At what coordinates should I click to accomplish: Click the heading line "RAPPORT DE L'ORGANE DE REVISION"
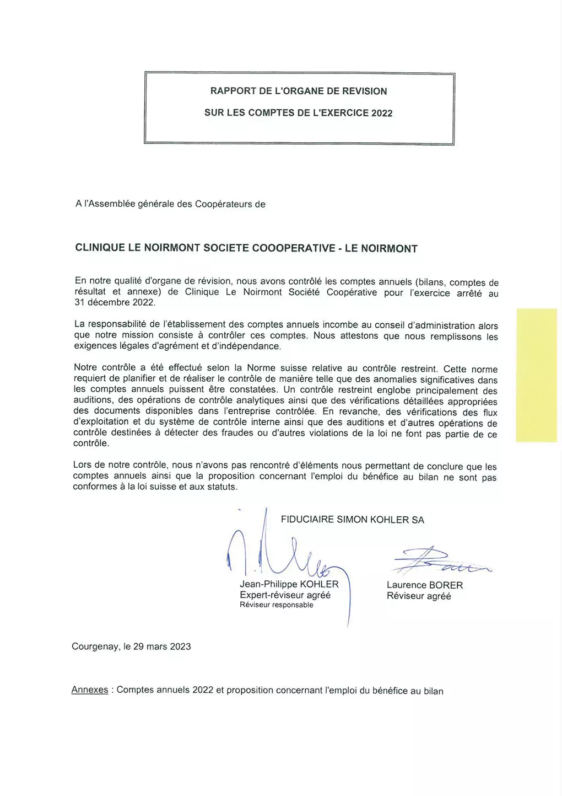[299, 91]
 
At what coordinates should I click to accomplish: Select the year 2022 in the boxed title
[382, 113]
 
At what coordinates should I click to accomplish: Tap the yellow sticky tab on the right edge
[536, 375]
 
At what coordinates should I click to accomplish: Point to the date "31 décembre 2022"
[115, 302]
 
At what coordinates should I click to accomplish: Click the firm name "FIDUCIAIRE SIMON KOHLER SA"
[353, 520]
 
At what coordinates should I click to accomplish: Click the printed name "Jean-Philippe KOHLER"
[289, 584]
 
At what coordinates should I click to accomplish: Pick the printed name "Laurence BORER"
[425, 585]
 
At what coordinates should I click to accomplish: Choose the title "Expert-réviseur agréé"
[285, 595]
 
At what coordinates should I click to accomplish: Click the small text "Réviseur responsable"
[276, 605]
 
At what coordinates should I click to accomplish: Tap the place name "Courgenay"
[94, 647]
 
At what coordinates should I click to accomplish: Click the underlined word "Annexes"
[90, 690]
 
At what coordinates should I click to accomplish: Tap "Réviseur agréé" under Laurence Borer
[419, 596]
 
